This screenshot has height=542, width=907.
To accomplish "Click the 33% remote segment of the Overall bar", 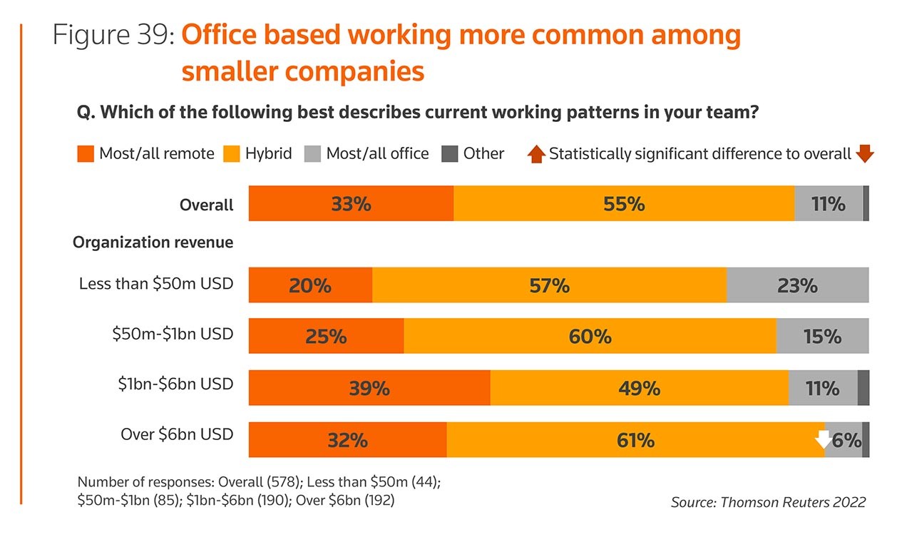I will tap(351, 204).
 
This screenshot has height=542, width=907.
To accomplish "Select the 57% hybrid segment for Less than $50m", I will tap(549, 285).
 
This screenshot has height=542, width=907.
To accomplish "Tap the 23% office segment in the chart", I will tap(797, 285).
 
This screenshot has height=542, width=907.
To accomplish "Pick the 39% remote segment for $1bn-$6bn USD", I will tap(369, 388).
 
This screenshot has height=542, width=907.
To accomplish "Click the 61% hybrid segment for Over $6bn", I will tap(635, 440).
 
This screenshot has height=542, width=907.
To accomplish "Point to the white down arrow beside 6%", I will tap(824, 439).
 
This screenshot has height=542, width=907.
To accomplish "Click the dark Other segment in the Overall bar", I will tap(866, 204).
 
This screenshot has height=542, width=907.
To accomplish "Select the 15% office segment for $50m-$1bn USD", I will tap(822, 336).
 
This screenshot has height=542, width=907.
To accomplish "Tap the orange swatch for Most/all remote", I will tap(86, 154).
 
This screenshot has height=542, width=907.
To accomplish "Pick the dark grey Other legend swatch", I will tap(450, 154).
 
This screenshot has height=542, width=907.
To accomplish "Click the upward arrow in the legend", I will tap(536, 153).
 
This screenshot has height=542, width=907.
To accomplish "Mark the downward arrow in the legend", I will tap(865, 153).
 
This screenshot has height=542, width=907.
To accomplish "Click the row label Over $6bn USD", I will tap(177, 434).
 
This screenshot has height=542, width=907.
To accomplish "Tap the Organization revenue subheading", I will tap(153, 242).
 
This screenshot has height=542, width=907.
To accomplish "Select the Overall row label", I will tap(206, 205).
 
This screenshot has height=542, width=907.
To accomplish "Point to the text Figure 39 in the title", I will tap(113, 36).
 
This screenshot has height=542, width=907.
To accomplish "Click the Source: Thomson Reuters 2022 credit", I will tap(768, 502).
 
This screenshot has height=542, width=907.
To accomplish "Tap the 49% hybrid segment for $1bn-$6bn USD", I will tap(639, 388).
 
